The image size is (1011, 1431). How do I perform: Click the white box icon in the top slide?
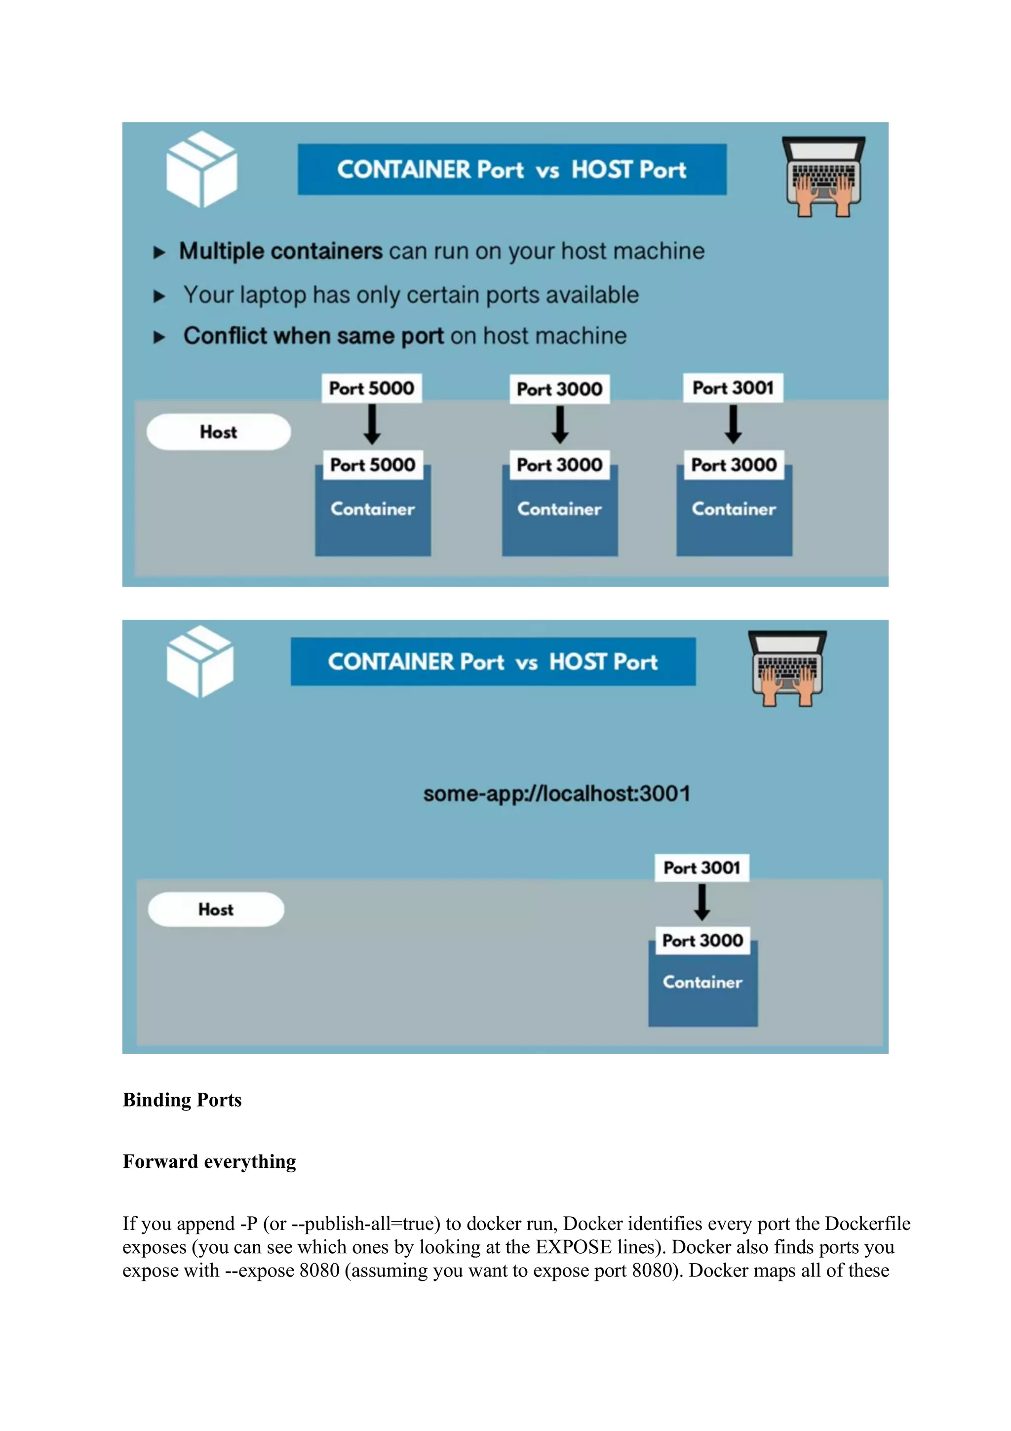pos(201,169)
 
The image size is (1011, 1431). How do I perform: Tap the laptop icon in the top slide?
pos(823,176)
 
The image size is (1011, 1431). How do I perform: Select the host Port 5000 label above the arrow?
pos(371,388)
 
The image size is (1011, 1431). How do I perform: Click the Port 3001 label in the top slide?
pos(733,388)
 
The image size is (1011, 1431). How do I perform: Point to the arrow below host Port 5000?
pos(372,425)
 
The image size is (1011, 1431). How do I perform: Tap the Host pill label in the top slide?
pos(219,432)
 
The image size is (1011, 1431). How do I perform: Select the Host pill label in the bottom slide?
pos(216,910)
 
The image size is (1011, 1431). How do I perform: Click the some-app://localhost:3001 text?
pos(556,794)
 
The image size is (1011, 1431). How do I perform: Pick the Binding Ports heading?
pos(182,1100)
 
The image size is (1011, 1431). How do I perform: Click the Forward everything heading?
pos(209,1161)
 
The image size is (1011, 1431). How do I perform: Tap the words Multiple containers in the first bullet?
pos(280,251)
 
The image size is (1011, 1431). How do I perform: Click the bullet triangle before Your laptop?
pos(159,296)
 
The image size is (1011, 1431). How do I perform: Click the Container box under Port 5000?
pos(373,517)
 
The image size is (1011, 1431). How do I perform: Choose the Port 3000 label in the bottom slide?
pos(702,940)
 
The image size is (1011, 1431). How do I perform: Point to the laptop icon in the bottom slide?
pos(787,668)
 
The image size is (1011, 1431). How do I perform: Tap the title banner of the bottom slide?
pos(493,661)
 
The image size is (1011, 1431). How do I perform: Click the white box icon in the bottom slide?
pos(200,661)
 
